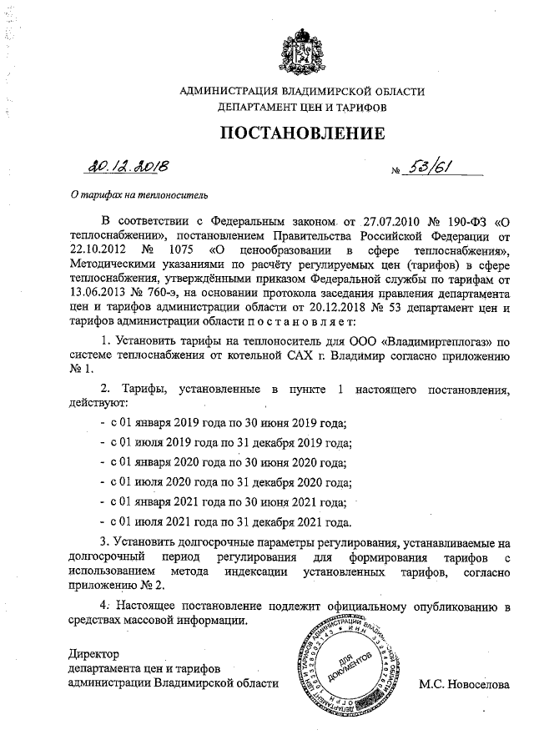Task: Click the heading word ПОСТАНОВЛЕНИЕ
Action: pos(303,133)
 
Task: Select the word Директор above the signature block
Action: pos(94,653)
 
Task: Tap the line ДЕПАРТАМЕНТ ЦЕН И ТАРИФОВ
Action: pos(302,108)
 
